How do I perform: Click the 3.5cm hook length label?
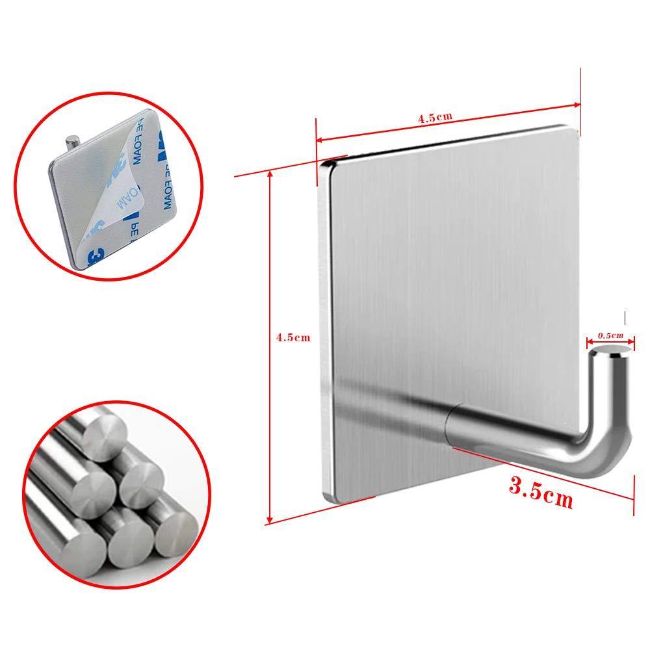click(x=541, y=493)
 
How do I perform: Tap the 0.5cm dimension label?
click(x=610, y=335)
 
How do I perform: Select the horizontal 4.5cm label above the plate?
click(x=435, y=118)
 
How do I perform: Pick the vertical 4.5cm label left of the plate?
click(x=294, y=337)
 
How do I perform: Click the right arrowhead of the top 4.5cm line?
click(x=577, y=105)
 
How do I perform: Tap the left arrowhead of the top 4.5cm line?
click(x=320, y=140)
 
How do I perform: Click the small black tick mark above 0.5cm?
click(x=625, y=318)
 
